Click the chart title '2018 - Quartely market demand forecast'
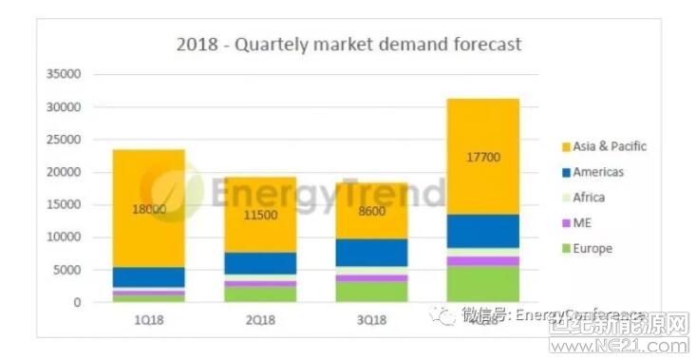(x=348, y=45)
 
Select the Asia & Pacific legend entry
(x=609, y=146)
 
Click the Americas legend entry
(x=597, y=172)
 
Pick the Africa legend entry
(x=588, y=198)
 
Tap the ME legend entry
(x=581, y=223)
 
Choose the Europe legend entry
(x=591, y=249)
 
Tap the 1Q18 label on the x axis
(x=147, y=320)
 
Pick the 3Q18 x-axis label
(x=371, y=320)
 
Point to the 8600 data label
(x=371, y=211)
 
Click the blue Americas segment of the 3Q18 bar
(x=371, y=252)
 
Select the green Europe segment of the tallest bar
(x=483, y=284)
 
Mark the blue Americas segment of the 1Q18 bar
(x=148, y=276)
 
